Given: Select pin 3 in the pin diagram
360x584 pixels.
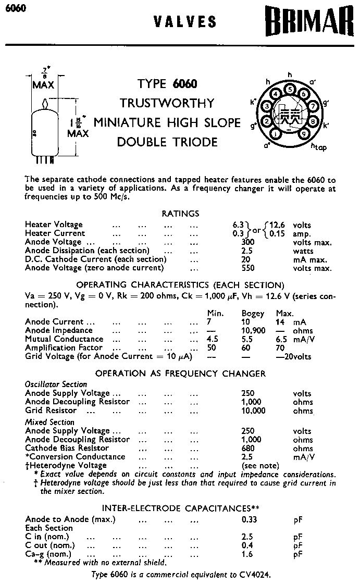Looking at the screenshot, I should click(267, 107).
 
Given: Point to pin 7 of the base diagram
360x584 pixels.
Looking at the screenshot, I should click(314, 106).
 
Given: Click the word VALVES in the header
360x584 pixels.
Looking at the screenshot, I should click(185, 21).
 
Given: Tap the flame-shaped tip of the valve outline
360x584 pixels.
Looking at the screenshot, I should click(46, 103).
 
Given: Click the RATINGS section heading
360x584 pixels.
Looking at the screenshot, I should click(180, 214).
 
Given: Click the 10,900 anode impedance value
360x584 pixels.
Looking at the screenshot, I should click(253, 331).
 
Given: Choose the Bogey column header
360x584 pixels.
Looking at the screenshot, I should click(253, 314).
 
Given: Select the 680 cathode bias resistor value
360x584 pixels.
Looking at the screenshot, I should click(249, 448).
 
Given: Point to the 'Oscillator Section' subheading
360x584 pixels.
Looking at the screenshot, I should click(56, 384).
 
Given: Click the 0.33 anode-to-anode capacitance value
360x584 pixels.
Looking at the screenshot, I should click(249, 519).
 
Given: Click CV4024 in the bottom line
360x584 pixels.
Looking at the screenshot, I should click(255, 574).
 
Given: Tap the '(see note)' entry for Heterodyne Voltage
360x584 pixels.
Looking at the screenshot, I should click(260, 465).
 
